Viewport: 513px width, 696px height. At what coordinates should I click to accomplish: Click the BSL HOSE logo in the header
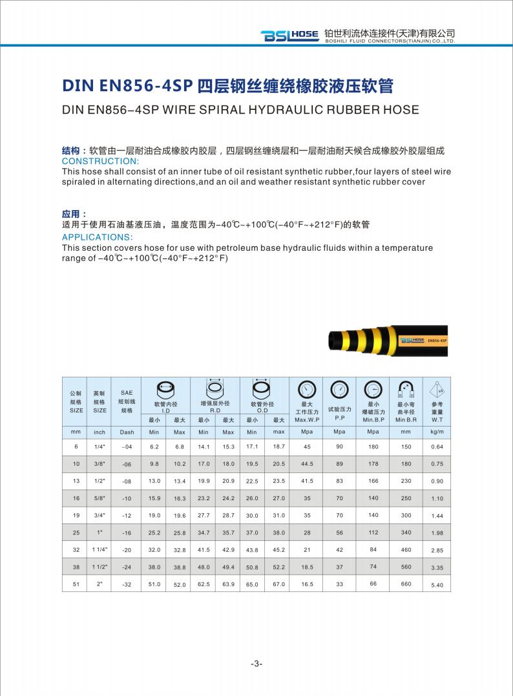coord(289,36)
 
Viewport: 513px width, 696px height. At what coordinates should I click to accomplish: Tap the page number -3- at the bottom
coord(256,664)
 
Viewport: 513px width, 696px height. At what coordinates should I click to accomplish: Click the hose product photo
coord(388,340)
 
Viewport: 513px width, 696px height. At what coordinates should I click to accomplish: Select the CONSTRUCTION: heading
coord(100,161)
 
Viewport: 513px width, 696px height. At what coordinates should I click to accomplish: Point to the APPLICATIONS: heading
coord(97,237)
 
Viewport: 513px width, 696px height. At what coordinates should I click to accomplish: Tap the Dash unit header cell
coord(127,432)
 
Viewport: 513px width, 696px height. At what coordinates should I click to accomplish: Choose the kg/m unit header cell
coord(437,432)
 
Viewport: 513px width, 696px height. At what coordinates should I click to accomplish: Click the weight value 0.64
coord(437,447)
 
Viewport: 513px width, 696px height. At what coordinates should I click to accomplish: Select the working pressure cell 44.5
coord(307,464)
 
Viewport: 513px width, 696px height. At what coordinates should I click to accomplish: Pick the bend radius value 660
coord(406,584)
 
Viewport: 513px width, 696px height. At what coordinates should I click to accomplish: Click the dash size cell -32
coord(127,585)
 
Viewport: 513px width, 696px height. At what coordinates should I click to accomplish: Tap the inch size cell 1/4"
coord(99,447)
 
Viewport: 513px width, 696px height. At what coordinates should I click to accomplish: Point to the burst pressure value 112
coord(373,533)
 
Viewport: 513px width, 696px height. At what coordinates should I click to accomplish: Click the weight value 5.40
coord(437,585)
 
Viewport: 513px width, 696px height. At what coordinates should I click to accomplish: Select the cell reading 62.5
coord(204,585)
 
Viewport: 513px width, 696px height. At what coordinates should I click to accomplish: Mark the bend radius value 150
coord(406,447)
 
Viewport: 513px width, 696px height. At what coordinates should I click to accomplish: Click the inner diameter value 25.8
coord(180,533)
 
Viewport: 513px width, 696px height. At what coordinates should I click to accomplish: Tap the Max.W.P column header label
coord(307,420)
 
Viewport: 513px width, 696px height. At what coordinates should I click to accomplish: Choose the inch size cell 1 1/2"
coord(99,567)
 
